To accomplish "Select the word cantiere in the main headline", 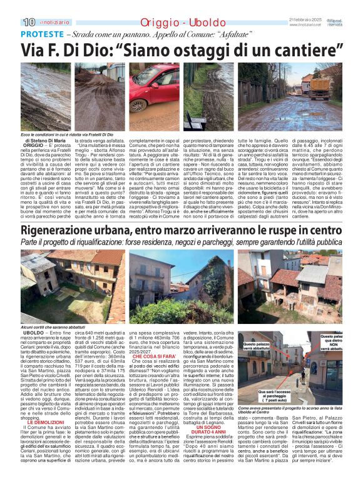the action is tap(303, 48).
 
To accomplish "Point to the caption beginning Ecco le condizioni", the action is tap(67, 134).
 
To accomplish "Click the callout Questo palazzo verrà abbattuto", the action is tap(257, 347).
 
